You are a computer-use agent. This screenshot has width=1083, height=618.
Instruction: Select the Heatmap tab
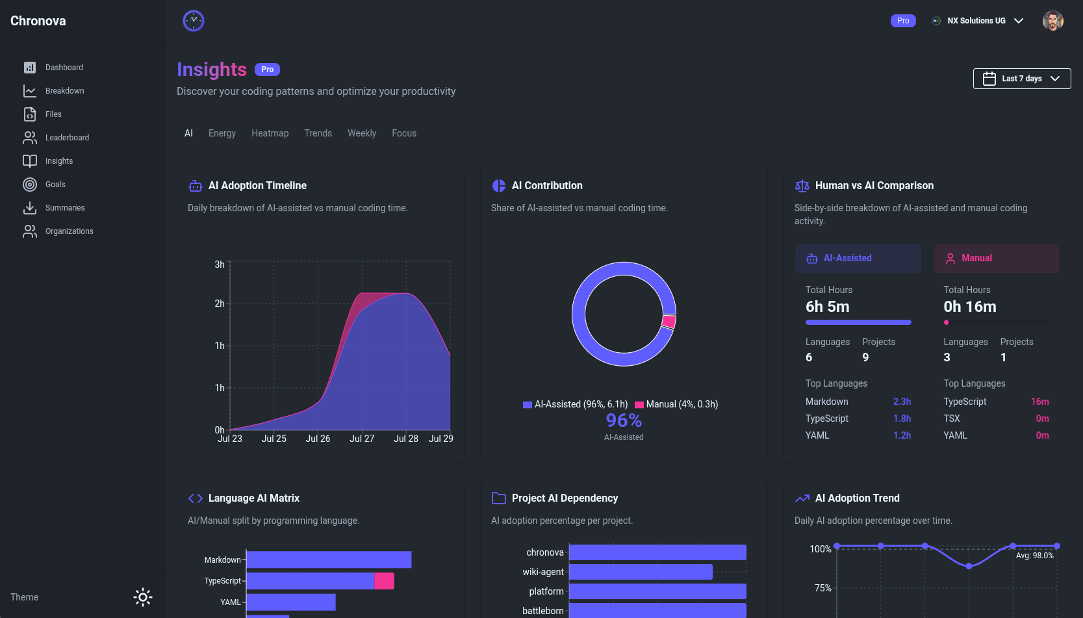coord(270,133)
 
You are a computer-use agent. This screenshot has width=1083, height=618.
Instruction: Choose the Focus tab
coord(403,133)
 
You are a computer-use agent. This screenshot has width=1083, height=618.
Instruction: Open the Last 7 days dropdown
coord(1021,79)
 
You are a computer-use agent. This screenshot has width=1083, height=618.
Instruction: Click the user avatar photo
coord(1052,21)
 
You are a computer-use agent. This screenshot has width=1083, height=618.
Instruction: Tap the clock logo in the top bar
coord(194,21)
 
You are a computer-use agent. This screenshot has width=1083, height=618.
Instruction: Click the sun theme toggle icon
coord(143,597)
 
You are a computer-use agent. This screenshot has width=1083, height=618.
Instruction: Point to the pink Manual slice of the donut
coord(669,322)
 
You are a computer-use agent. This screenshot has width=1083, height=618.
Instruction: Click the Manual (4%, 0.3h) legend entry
coord(676,404)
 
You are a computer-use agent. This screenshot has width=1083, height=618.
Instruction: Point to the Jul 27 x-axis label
coord(362,439)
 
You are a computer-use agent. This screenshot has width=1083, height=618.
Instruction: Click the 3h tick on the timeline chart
coord(220,264)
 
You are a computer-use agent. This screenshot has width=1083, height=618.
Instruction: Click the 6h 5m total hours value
coord(827,307)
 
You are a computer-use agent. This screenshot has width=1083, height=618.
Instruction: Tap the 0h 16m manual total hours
coord(970,307)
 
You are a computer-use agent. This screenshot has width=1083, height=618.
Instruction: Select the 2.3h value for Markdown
coord(902,402)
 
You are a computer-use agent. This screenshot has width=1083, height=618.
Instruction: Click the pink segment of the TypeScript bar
coord(385,581)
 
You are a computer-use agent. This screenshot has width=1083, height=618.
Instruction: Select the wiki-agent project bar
coord(641,572)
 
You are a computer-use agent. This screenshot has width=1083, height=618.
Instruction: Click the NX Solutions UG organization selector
coord(977,21)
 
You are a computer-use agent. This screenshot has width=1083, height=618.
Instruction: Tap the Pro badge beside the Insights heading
coord(268,70)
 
